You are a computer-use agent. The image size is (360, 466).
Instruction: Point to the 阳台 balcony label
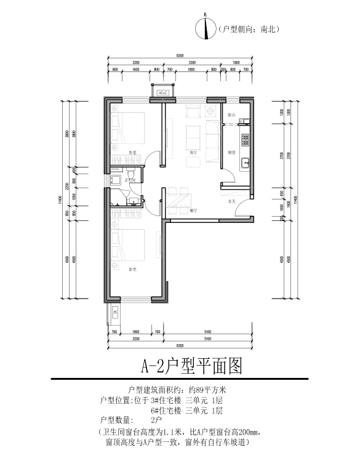click(231, 115)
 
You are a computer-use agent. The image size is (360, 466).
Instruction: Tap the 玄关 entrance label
click(233, 201)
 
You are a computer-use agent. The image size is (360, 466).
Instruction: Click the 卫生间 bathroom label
click(130, 180)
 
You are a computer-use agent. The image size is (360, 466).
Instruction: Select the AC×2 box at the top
click(163, 92)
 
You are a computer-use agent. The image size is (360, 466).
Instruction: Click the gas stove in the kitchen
click(244, 140)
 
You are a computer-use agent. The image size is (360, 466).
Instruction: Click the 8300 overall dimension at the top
click(179, 56)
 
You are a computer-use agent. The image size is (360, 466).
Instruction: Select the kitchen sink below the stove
click(244, 164)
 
